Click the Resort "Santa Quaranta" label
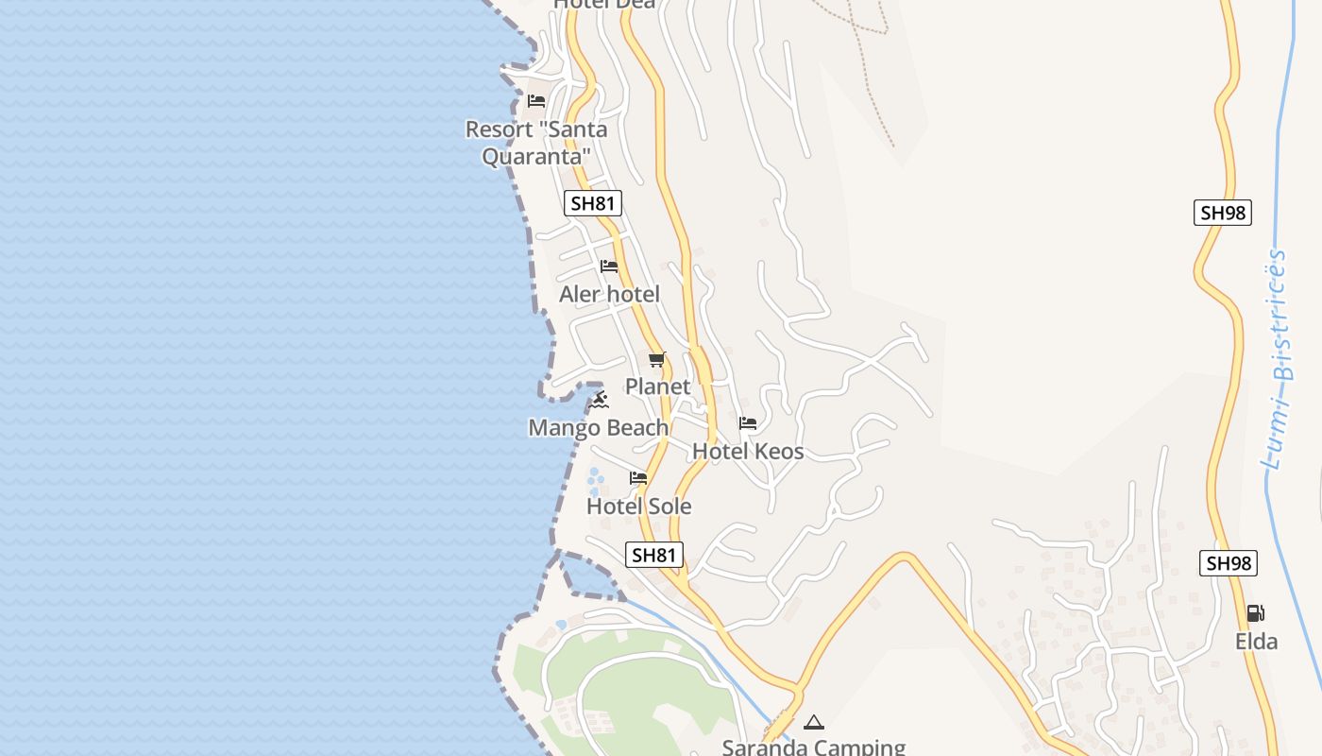pos(536,142)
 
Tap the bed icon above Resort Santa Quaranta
pos(536,100)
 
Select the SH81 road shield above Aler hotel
pos(594,203)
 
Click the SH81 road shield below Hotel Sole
pos(653,555)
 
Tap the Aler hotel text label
pos(609,294)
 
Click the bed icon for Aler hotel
pos(609,266)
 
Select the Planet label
pos(657,387)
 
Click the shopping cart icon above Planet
pos(657,359)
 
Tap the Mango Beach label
pos(598,428)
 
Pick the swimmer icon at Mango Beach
pos(601,402)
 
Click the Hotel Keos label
pos(748,452)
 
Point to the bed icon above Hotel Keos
pos(748,423)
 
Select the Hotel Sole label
pos(638,507)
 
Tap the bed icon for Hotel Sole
pos(638,478)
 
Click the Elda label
pos(1256,642)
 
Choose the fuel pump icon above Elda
pos(1255,613)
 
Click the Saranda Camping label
pos(813,747)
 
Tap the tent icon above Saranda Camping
pos(813,723)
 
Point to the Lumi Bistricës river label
pos(1277,359)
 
